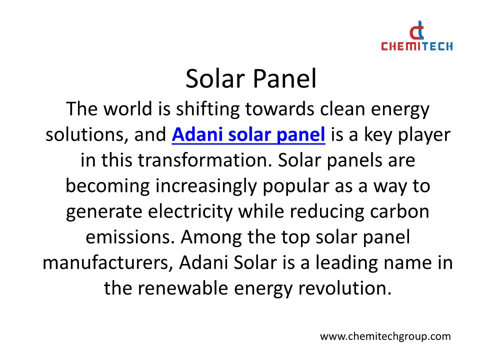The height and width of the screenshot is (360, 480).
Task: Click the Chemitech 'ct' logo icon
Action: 417,30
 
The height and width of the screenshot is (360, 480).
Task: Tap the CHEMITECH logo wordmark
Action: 417,46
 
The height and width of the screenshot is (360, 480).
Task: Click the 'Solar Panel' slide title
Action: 250,78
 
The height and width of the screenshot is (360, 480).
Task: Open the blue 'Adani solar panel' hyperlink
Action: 248,134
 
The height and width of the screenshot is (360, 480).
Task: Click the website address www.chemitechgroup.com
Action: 385,336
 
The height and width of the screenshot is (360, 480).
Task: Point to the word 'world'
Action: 128,108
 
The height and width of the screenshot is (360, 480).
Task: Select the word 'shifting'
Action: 207,109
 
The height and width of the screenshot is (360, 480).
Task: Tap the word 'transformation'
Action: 205,160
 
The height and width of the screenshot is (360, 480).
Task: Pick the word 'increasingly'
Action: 206,186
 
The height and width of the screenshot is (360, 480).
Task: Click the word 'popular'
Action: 295,186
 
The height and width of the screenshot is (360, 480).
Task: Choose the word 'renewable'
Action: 183,288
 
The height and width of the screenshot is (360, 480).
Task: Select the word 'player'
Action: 424,135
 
